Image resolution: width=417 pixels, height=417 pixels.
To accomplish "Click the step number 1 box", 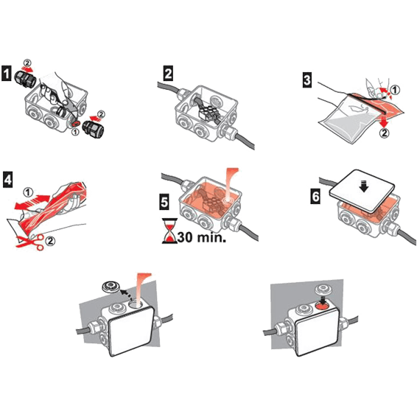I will click(x=7, y=74).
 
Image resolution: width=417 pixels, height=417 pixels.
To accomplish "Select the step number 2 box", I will click(x=169, y=73).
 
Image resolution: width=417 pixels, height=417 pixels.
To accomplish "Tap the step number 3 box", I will click(x=307, y=77).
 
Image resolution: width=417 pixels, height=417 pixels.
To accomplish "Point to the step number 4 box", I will click(x=7, y=179).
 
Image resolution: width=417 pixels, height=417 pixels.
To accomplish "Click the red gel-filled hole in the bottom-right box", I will click(x=322, y=304).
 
